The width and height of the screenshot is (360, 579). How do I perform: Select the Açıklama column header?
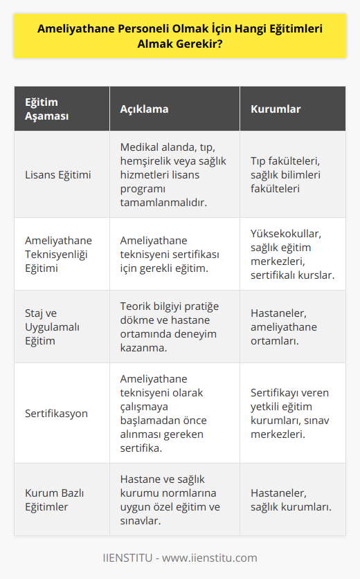click(x=144, y=109)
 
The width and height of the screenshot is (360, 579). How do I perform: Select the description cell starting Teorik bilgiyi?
click(x=169, y=327)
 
